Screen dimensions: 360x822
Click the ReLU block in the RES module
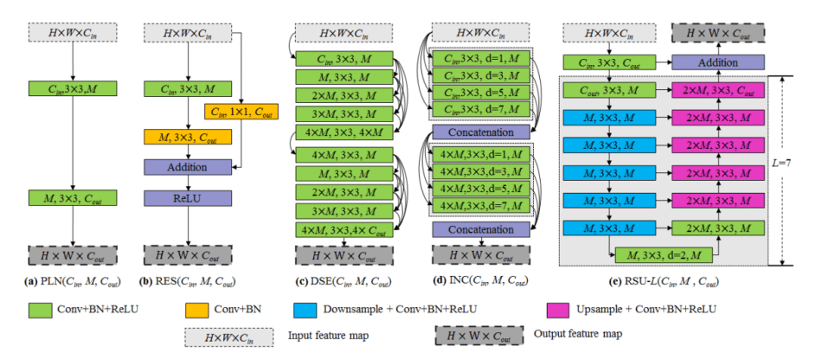(189, 198)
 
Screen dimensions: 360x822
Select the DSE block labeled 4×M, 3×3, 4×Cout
(344, 229)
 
